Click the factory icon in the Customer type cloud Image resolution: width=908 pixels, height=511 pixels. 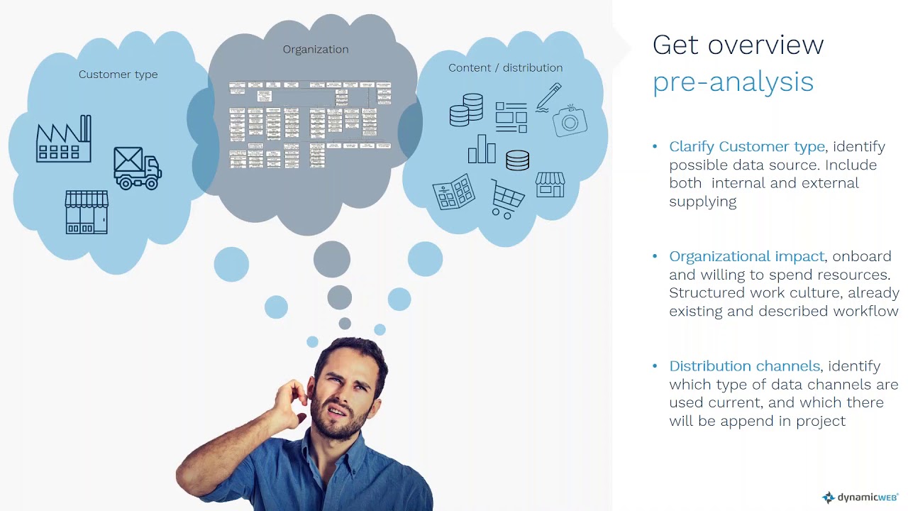64,139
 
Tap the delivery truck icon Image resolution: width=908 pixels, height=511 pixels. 138,168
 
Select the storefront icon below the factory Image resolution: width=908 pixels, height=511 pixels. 86,212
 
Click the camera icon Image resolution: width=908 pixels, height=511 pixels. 570,121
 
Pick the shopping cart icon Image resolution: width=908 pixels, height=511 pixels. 507,198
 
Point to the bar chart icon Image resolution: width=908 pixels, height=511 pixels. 481,150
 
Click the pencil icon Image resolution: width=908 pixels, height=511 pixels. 549,97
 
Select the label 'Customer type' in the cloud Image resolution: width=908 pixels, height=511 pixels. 118,75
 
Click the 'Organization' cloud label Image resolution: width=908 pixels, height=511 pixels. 316,50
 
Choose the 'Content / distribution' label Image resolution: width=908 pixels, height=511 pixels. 505,68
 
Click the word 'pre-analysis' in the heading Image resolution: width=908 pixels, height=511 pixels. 733,82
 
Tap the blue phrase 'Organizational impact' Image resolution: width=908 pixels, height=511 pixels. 746,256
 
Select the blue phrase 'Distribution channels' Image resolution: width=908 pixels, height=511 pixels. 744,366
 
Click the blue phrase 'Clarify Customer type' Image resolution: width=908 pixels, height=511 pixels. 746,147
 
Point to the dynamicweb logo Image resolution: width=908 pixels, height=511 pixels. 860,498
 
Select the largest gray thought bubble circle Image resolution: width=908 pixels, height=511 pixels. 332,259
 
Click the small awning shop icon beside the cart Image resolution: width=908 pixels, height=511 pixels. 550,185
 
